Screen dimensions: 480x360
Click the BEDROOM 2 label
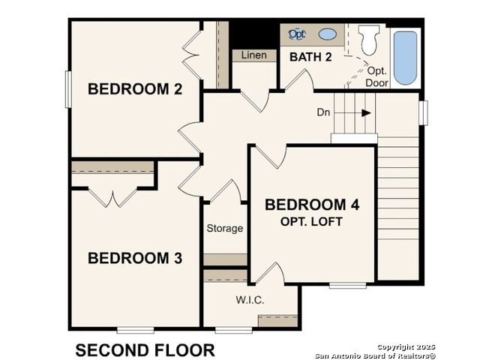point(135,89)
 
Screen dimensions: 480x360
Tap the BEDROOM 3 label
point(135,258)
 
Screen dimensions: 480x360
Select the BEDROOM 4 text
point(312,205)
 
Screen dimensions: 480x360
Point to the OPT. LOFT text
point(311,222)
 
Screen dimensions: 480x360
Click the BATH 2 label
point(310,57)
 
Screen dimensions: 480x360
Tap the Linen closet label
point(253,55)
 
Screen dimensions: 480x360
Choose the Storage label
point(225,228)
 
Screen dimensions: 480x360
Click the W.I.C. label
point(250,300)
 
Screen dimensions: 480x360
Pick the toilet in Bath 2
point(368,40)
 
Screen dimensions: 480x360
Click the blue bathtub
point(405,58)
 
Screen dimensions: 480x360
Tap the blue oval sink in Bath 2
point(328,34)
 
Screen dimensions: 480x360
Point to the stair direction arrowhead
point(367,113)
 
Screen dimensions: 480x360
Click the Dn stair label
point(323,112)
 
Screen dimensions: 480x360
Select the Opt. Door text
point(377,76)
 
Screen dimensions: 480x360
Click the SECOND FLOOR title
point(145,350)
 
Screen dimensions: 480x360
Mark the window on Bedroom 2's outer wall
point(68,89)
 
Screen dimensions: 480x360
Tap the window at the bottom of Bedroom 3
point(135,330)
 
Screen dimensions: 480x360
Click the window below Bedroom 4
point(348,286)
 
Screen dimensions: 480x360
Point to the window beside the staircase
point(423,113)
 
